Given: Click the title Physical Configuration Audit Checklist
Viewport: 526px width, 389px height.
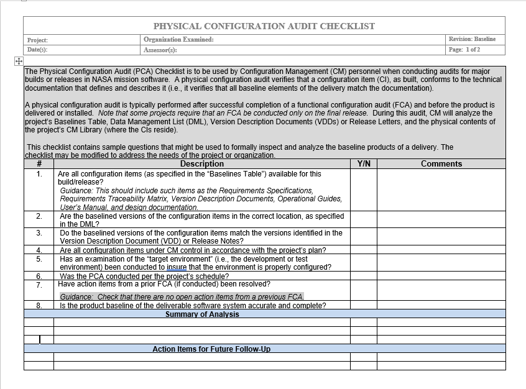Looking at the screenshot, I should (264, 26).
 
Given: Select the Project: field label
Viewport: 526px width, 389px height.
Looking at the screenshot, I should (37, 40).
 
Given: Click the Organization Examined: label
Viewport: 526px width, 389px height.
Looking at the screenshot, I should (178, 39).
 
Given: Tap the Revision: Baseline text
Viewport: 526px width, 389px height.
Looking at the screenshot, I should (472, 39).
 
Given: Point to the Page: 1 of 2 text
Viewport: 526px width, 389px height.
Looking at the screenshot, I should (464, 50).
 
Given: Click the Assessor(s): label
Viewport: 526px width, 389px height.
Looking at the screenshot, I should (160, 50).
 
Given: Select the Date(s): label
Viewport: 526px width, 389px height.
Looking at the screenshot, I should (37, 50).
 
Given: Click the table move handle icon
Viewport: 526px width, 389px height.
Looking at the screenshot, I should (18, 61).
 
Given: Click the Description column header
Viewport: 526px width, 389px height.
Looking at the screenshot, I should (201, 164).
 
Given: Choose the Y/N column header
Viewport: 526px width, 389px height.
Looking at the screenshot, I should (364, 164).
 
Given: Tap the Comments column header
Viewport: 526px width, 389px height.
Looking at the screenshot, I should (441, 164).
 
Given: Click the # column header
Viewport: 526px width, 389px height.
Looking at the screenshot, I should (39, 164).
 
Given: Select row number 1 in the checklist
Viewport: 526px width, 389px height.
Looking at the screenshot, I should (39, 174).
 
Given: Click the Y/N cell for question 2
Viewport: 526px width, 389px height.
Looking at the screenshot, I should (364, 219).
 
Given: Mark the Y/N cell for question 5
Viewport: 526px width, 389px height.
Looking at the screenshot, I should (364, 263).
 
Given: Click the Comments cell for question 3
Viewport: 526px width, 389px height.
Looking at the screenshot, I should (441, 236).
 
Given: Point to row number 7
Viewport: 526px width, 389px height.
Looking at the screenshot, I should (39, 284).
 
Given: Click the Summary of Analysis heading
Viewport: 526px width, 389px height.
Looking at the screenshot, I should (202, 314).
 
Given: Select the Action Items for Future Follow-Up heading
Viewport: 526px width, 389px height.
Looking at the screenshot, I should (211, 349).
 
